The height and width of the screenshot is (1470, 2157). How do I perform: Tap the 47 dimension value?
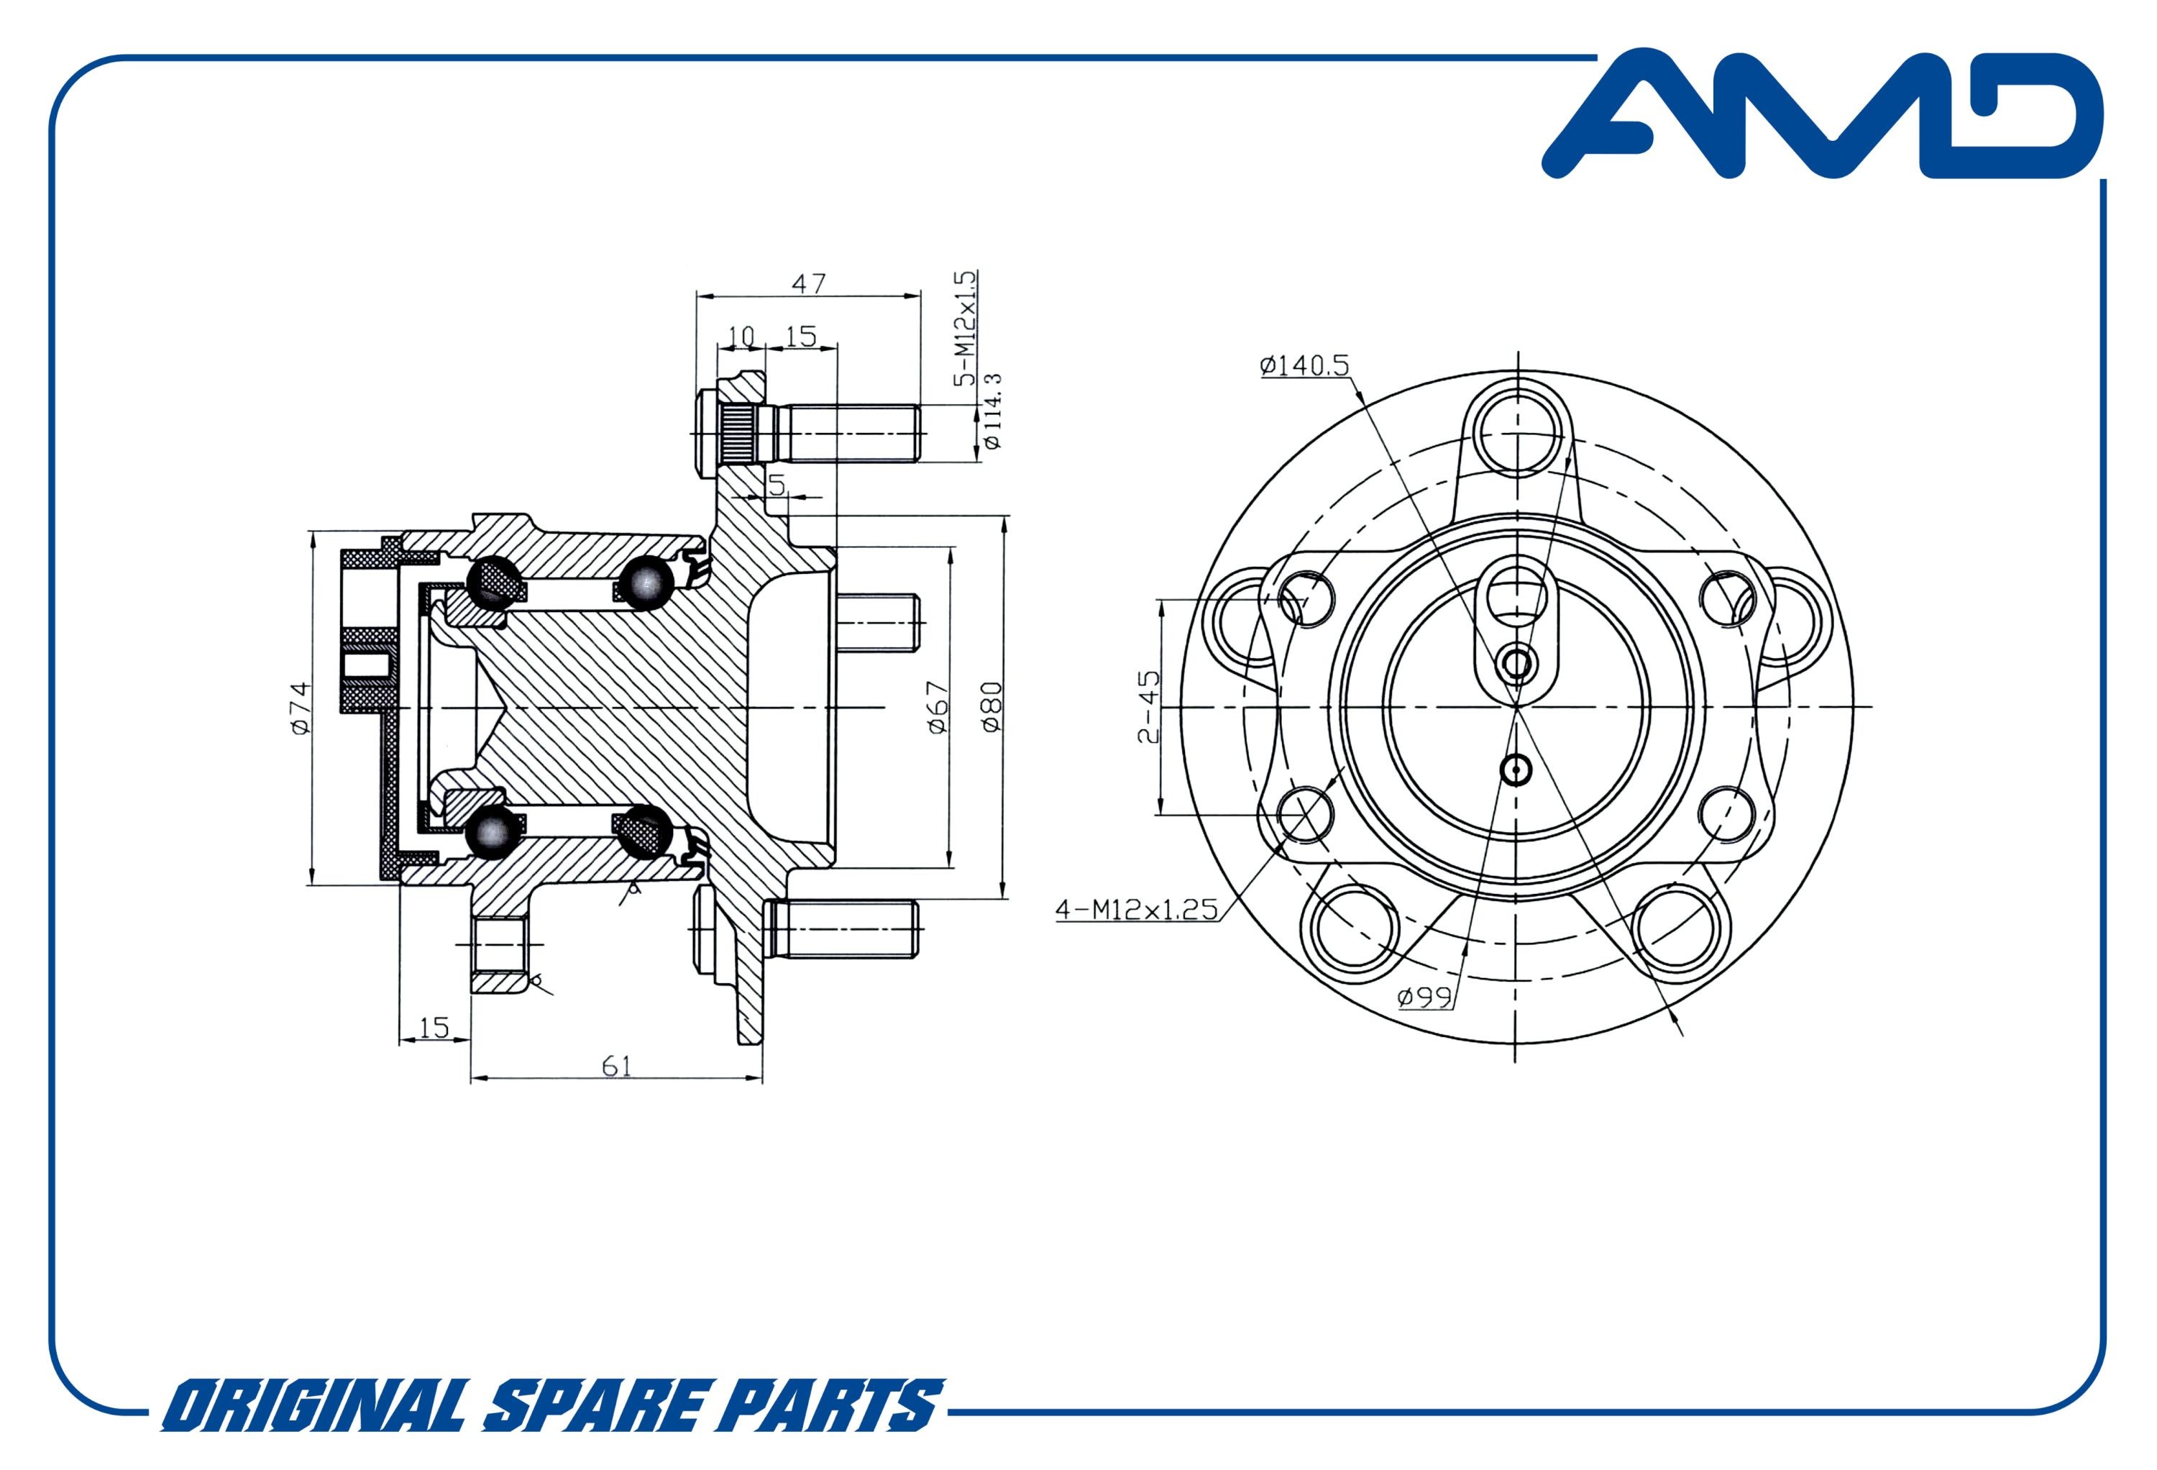808,283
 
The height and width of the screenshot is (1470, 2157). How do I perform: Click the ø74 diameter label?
299,708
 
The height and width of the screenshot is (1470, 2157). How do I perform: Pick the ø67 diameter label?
938,708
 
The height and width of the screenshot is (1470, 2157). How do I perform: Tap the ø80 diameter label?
992,708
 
